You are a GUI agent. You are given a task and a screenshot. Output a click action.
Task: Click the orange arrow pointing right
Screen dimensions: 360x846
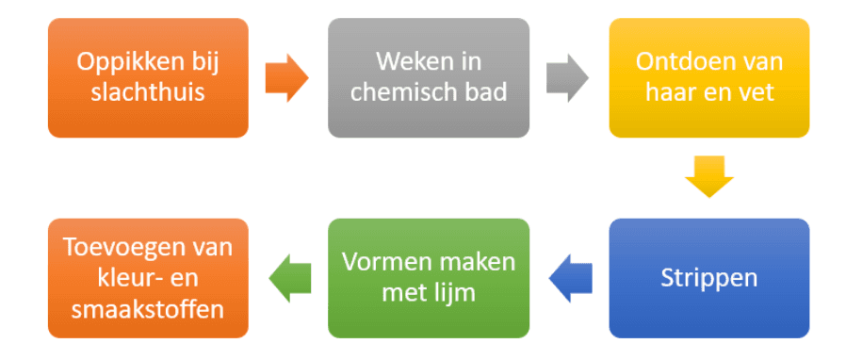(286, 78)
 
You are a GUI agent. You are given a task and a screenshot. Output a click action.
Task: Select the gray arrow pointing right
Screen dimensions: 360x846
(566, 78)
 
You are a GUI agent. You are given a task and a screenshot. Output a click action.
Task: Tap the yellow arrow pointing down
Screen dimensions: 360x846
(708, 176)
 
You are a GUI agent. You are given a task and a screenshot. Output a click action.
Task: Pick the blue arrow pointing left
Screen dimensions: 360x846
(570, 277)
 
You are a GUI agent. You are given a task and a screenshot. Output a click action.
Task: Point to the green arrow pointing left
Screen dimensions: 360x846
(289, 277)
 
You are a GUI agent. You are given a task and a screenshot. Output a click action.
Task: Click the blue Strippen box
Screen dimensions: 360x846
(708, 278)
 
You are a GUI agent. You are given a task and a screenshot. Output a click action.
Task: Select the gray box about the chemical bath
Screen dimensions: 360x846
(428, 78)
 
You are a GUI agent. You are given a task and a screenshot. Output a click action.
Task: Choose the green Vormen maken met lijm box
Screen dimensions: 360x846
(428, 278)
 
